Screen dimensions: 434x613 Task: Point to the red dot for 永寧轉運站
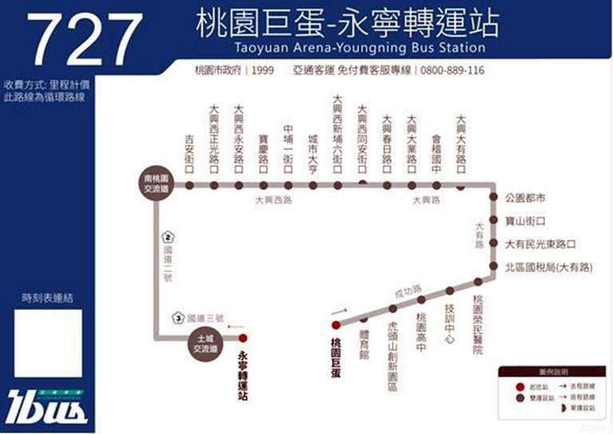[243, 338]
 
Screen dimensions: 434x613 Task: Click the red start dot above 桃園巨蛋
[336, 325]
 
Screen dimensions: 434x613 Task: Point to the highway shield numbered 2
[168, 237]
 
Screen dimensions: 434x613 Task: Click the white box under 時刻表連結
[48, 343]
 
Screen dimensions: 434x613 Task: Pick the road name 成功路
[409, 290]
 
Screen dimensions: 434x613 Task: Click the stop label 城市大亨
[313, 151]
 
